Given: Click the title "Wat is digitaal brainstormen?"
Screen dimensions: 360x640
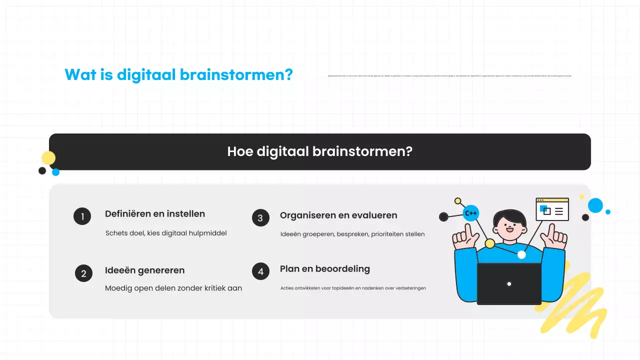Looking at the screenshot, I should [178, 75].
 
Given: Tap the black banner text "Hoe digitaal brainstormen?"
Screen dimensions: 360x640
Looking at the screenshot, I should [319, 151].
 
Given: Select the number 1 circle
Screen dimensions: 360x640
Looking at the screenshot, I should [82, 216].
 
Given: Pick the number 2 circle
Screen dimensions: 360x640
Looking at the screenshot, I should [83, 273].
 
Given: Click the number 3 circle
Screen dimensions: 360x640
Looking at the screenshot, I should [260, 218].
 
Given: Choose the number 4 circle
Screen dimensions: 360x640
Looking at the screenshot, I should [260, 272].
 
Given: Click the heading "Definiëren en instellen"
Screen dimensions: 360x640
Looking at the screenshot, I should [155, 214].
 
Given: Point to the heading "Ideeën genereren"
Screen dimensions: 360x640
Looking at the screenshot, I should [144, 270].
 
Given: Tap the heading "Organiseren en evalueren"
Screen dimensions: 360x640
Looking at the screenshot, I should [338, 215].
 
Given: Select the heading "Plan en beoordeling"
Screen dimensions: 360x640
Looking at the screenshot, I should [325, 269].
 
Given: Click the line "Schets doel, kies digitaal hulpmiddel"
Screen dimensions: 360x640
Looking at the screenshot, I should [166, 233].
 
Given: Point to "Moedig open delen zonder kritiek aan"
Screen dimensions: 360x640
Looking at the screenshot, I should [173, 288].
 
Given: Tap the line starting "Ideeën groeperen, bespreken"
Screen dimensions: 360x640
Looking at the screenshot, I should [352, 234].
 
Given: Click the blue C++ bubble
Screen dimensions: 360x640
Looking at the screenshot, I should [471, 213].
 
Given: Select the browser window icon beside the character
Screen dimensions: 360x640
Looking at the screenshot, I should [552, 209].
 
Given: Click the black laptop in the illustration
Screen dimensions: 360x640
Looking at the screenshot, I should [509, 283].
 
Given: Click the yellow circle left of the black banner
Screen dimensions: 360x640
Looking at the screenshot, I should [48, 158].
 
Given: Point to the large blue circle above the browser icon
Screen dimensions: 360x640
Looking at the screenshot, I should [595, 205].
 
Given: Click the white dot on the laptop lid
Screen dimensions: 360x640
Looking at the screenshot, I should [509, 284].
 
